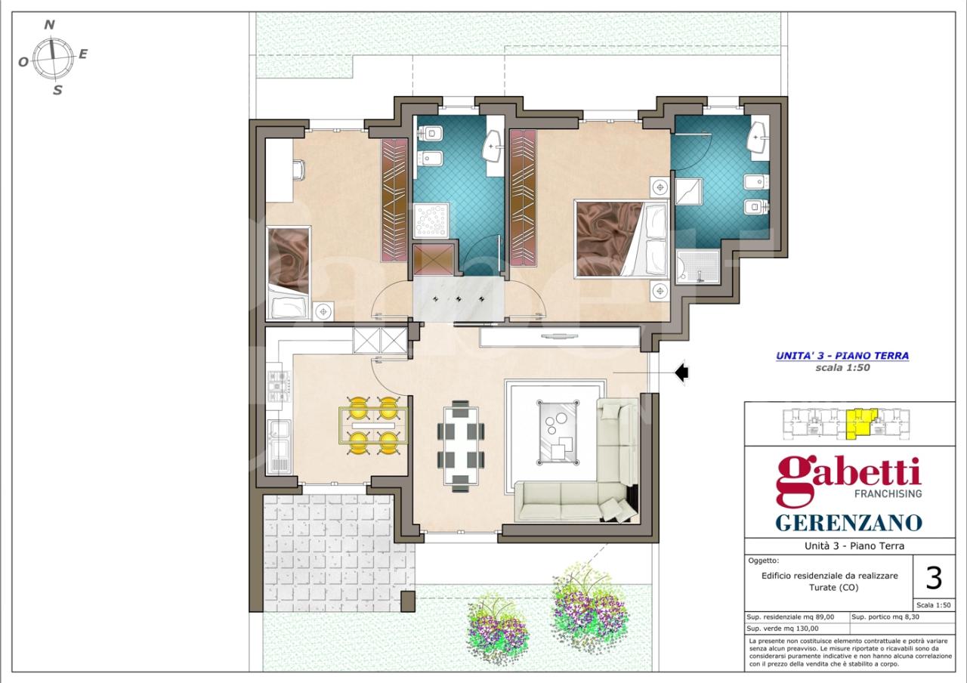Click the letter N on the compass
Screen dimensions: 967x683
coord(50,25)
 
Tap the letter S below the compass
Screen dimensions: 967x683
coord(57,90)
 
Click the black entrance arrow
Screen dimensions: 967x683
coord(681,372)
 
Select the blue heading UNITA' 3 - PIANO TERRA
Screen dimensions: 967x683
coord(842,356)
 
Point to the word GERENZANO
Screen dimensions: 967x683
coord(848,523)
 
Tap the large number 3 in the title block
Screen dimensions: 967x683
coord(934,579)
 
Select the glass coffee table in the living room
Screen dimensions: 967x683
coord(558,432)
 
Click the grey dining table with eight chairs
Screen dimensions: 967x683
coord(461,447)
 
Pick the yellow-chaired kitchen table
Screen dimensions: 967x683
coord(373,425)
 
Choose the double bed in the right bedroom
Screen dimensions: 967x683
coord(622,238)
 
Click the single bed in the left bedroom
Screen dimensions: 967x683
coord(289,274)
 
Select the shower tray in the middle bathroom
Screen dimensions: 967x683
coord(431,220)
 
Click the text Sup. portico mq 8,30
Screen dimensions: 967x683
coord(885,617)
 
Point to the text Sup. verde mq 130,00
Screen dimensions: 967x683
coord(783,629)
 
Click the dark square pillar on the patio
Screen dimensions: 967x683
coord(408,601)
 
